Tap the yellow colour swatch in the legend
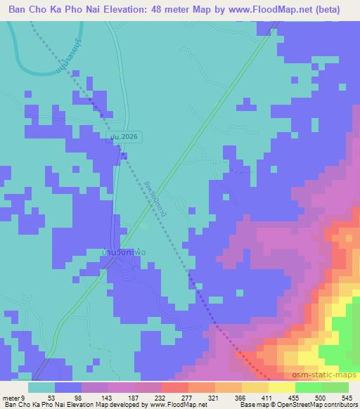(281, 387)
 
